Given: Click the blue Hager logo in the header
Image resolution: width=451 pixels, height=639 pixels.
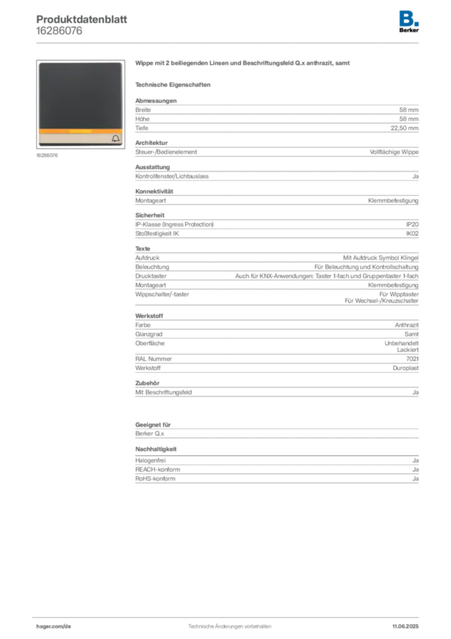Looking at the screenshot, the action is click(409, 17).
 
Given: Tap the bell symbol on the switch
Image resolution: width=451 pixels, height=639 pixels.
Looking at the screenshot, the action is click(115, 139).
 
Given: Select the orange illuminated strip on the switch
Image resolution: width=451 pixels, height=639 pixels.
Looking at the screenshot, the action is click(80, 132).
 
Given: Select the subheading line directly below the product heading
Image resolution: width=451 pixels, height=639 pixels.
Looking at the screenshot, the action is click(174, 84).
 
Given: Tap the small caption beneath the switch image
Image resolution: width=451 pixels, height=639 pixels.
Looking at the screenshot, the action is click(47, 155).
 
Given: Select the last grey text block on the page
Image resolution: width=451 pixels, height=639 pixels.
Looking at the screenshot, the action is click(276, 471).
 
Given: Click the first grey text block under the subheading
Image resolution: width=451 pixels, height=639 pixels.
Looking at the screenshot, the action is click(276, 115).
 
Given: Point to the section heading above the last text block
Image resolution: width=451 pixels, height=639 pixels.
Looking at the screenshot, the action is click(157, 449).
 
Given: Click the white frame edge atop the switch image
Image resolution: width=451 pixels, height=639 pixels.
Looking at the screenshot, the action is click(80, 62).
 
